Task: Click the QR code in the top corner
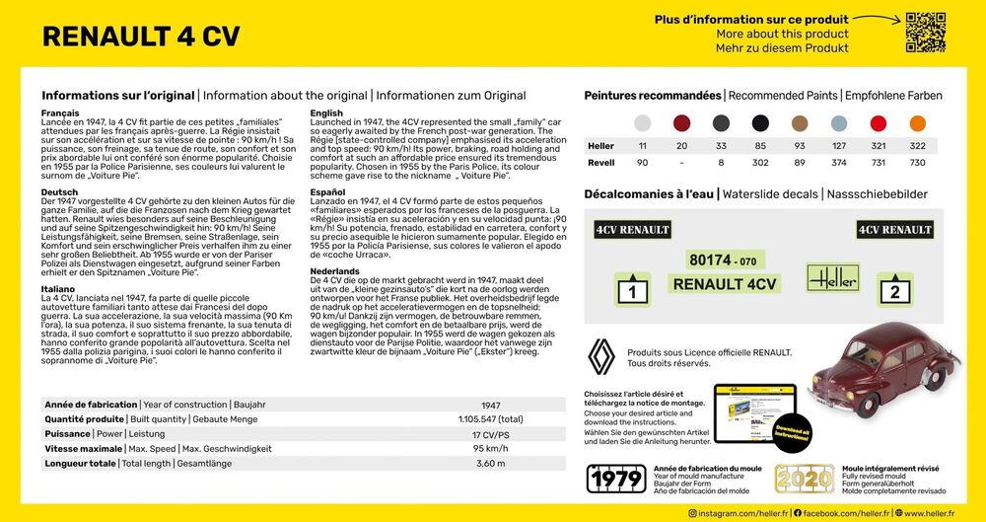pyautogui.click(x=925, y=32)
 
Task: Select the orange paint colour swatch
pyautogui.click(x=917, y=123)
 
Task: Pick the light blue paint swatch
pyautogui.click(x=838, y=123)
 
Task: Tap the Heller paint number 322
pyautogui.click(x=917, y=146)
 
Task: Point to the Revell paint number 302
pyautogui.click(x=759, y=162)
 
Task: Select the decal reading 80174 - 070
pyautogui.click(x=724, y=261)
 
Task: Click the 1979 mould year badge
pyautogui.click(x=616, y=479)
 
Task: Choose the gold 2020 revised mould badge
pyautogui.click(x=804, y=479)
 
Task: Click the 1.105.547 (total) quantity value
pyautogui.click(x=490, y=419)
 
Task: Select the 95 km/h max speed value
pyautogui.click(x=490, y=448)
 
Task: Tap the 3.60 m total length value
pyautogui.click(x=490, y=463)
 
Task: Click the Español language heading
pyautogui.click(x=327, y=191)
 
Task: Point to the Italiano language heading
pyautogui.click(x=59, y=288)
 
